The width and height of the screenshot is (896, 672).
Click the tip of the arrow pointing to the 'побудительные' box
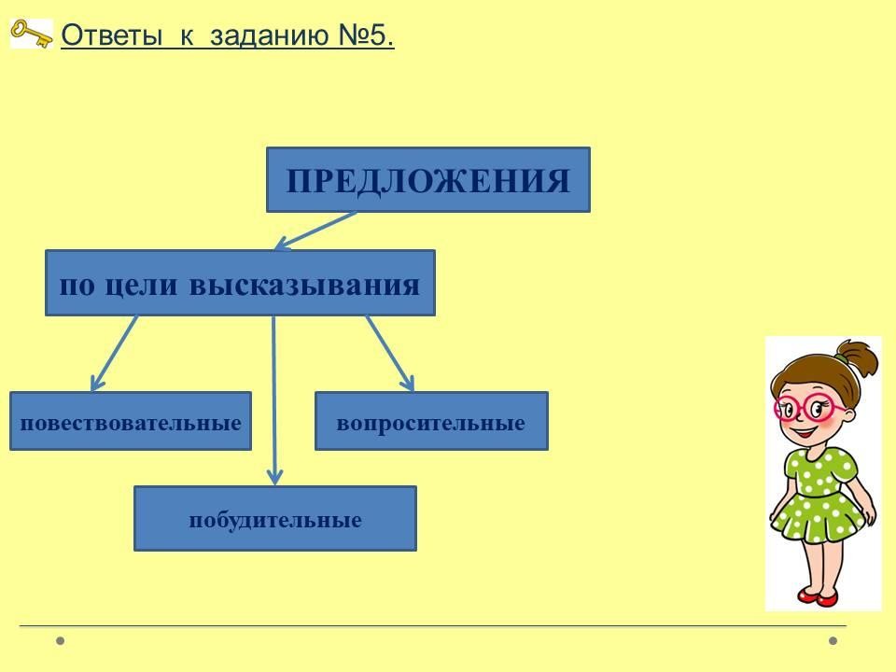pos(274,484)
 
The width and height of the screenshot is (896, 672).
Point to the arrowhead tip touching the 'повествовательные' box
pos(92,391)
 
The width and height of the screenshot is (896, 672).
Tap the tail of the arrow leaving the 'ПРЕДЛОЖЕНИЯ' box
pos(356,213)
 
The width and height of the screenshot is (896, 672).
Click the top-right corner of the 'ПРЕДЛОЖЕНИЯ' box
pos(590,148)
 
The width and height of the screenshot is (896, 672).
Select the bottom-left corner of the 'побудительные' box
pos(134,551)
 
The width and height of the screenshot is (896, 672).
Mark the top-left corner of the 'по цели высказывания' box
pos(46,250)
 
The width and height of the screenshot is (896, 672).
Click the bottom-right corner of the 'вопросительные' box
pos(548,450)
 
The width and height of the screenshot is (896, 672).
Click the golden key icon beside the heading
pos(32,34)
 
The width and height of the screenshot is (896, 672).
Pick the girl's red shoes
pos(818,597)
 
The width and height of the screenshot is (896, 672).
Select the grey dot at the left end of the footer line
pos(61,640)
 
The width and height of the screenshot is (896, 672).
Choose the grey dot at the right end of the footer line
pos(833,640)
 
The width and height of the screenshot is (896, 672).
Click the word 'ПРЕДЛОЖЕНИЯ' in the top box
pos(428,181)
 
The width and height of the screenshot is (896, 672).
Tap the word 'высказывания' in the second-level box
pos(304,285)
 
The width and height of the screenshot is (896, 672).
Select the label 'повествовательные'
pos(131,424)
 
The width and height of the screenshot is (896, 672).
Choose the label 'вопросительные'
pos(431,424)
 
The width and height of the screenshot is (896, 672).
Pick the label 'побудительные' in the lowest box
pos(275,520)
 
